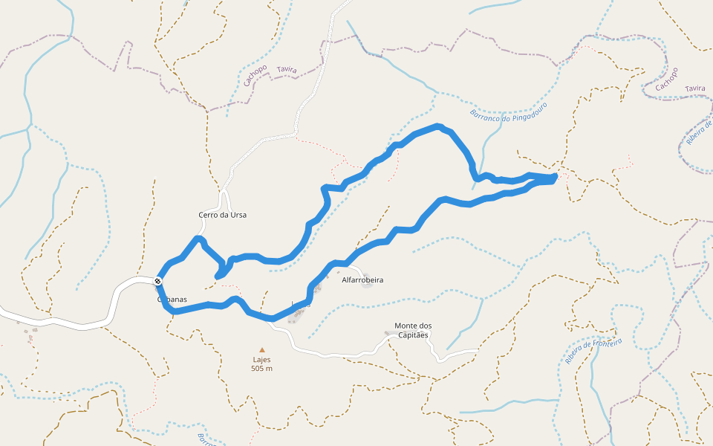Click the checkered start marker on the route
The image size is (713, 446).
(158, 281)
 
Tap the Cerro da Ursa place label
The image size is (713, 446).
(222, 215)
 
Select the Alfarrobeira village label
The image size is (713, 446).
(362, 280)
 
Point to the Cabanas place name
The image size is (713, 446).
(172, 300)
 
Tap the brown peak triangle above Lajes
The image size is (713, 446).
(261, 349)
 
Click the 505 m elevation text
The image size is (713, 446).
(261, 369)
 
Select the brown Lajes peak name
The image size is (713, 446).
(261, 360)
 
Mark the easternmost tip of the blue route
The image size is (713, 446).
(556, 175)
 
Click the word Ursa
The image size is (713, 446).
(238, 215)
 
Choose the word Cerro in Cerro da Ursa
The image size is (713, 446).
(209, 215)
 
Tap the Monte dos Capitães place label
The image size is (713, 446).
(412, 330)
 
